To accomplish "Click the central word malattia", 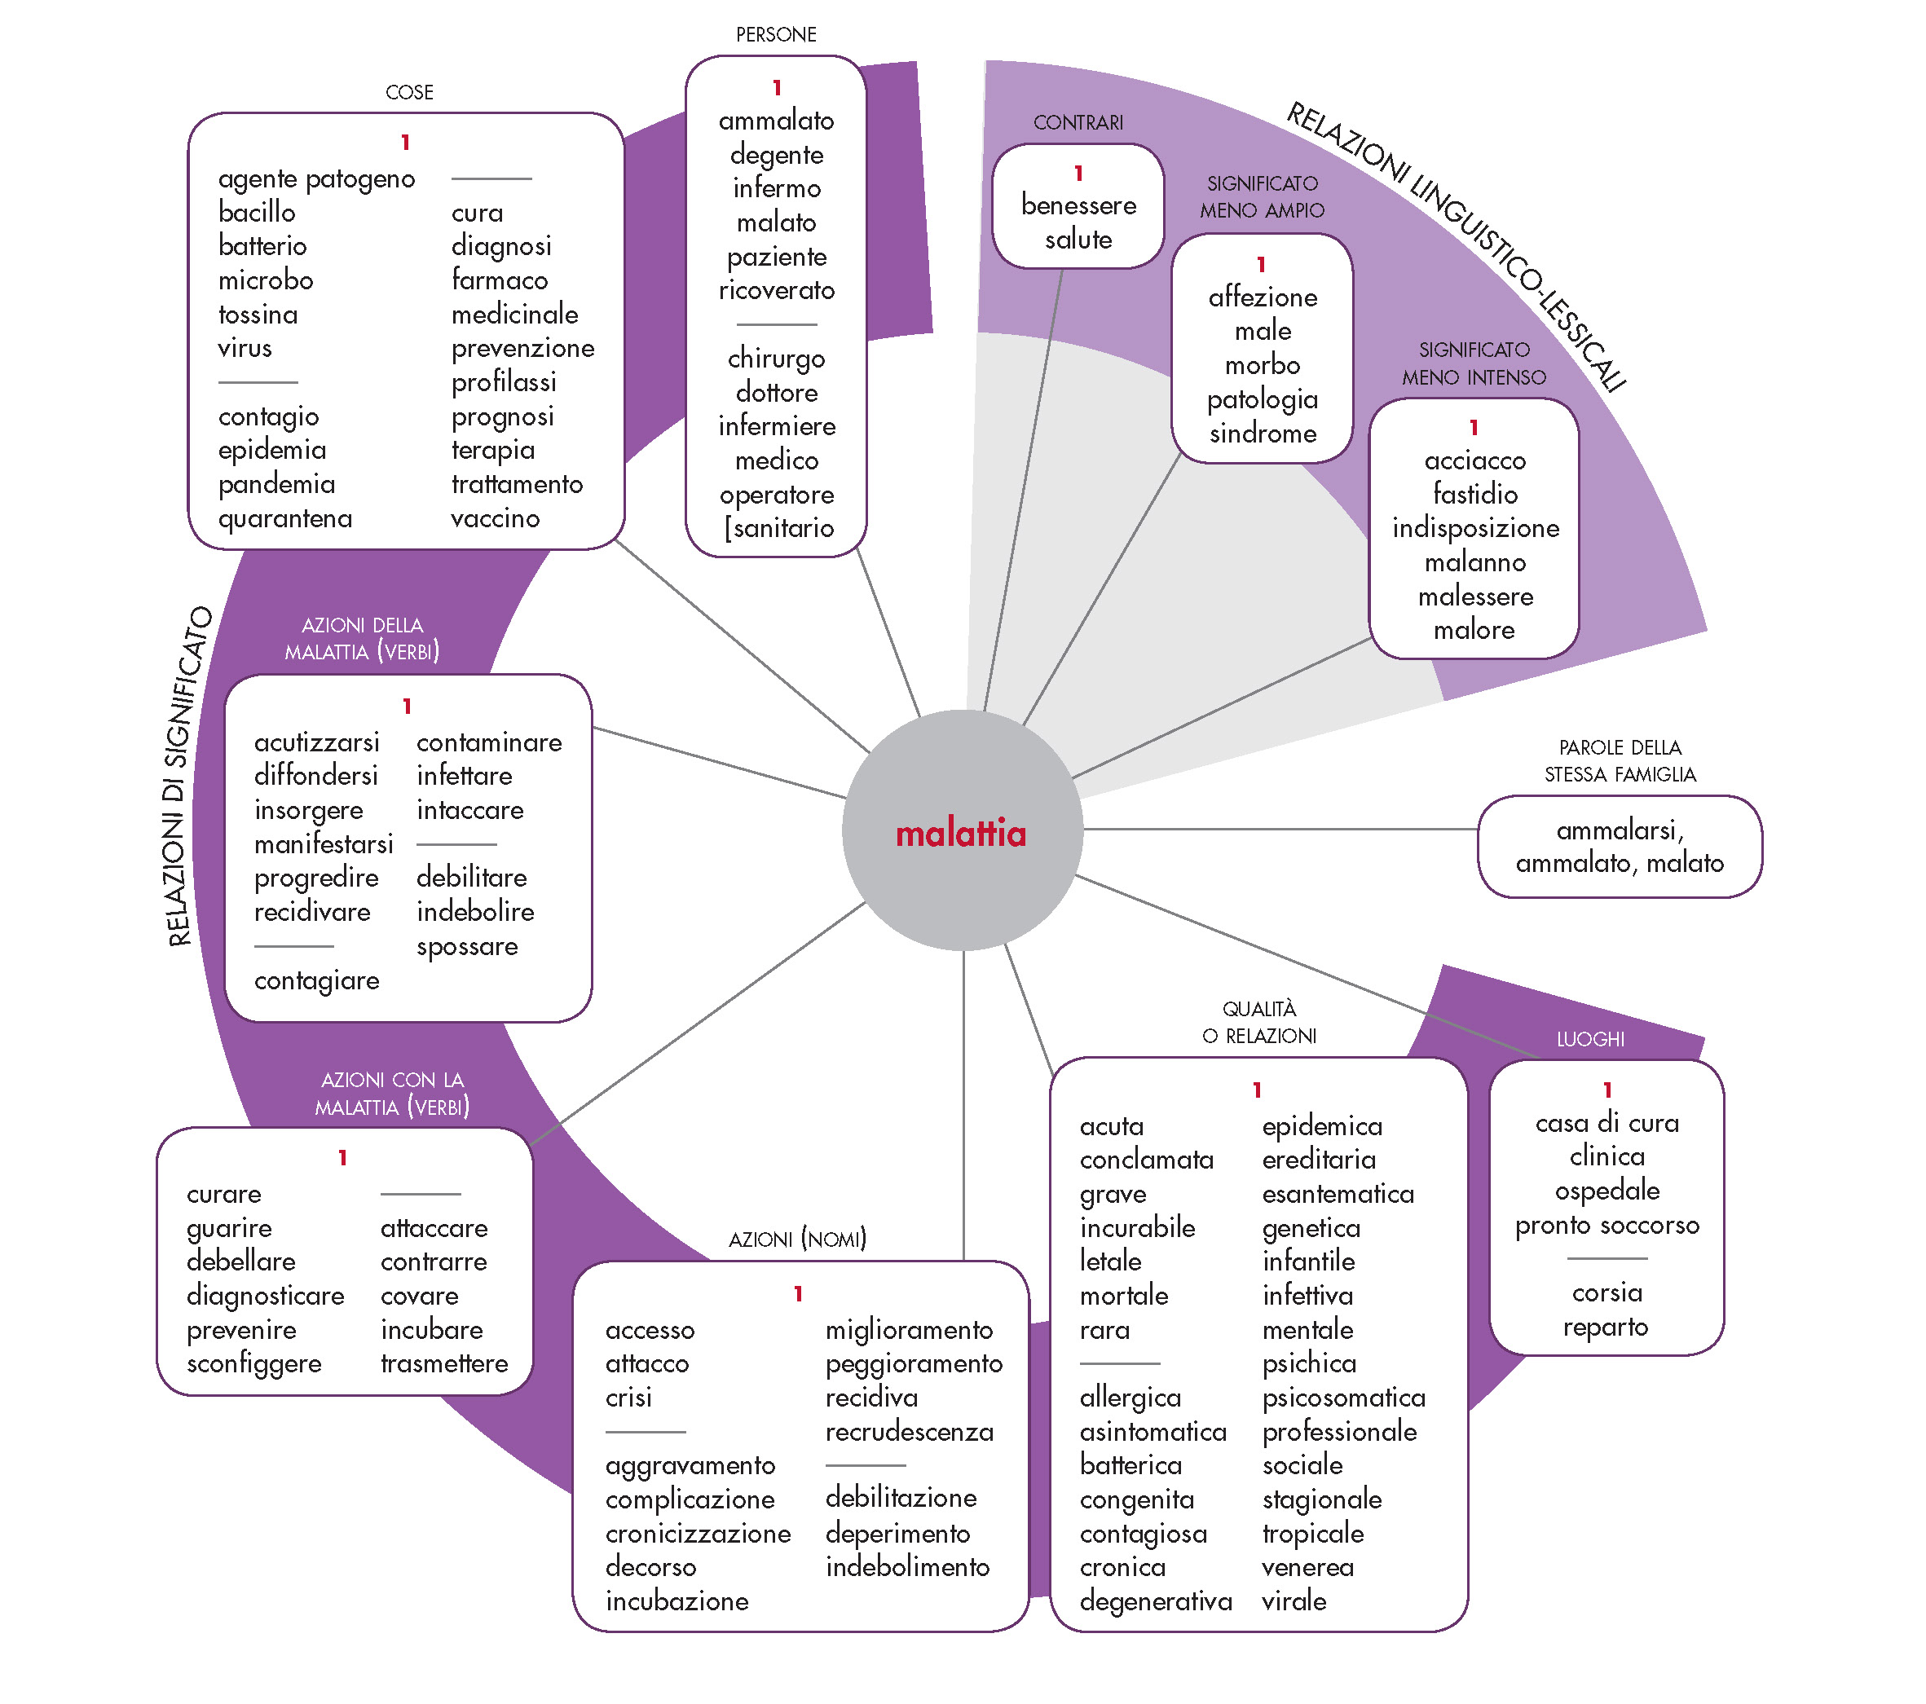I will click(x=960, y=834).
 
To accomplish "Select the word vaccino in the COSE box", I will click(x=495, y=518).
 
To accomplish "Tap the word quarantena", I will click(x=284, y=518).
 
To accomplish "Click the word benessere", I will click(x=1078, y=205).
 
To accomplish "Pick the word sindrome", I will click(x=1263, y=434).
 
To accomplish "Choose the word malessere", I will click(x=1474, y=597).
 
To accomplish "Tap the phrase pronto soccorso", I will click(x=1606, y=1225).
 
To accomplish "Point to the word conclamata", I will click(x=1146, y=1160).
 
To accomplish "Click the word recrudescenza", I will click(x=910, y=1432).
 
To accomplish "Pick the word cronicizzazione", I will click(x=697, y=1534).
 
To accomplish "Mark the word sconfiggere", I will click(x=253, y=1364).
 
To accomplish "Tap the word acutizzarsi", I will click(x=316, y=742).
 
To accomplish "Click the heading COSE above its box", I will click(x=409, y=92).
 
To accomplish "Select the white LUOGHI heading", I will click(x=1589, y=1039).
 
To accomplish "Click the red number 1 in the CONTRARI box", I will click(x=1078, y=174).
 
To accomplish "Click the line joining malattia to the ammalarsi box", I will click(x=1281, y=829).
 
